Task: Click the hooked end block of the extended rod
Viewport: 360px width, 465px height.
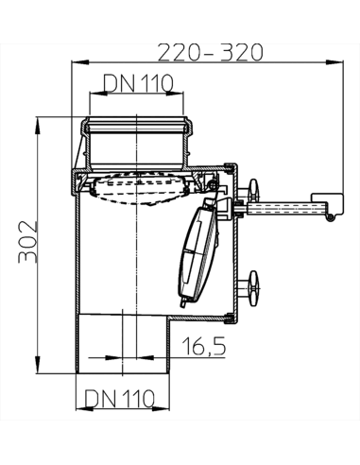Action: (327, 202)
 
